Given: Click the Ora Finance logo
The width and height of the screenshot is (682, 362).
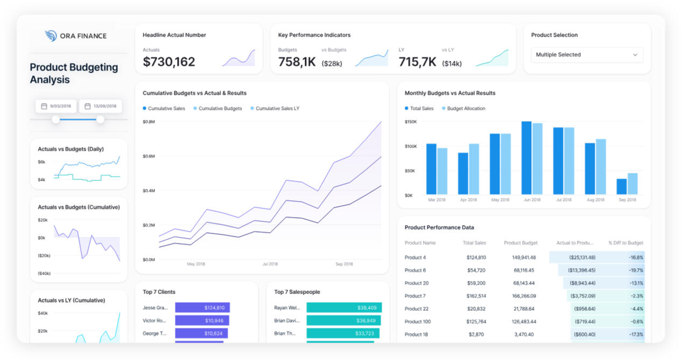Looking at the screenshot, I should coord(76,36).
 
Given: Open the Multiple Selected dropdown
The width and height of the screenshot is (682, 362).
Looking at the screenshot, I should coord(587,55).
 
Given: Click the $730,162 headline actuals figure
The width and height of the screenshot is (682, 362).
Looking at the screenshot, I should coord(169,62).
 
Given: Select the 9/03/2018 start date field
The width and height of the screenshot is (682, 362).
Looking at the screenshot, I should coord(56,106).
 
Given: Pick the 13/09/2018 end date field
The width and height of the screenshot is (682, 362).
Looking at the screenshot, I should coord(100,106).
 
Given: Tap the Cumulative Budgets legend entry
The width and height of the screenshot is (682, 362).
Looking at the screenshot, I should coord(220,109).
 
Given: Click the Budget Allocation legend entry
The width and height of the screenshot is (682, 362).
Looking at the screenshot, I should coord(466,109).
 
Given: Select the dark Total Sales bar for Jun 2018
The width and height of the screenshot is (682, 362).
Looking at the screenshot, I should coord(526,157).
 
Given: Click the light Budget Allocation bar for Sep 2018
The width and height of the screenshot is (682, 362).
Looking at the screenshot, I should coord(632,183).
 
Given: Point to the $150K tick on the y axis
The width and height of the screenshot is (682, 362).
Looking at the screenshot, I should coord(411,122).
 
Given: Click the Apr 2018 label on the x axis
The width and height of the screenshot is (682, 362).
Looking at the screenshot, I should coord(468,200).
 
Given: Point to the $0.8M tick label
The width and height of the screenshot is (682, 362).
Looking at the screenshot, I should coord(149,122).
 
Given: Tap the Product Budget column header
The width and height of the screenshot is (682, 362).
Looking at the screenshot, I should coord(520,243).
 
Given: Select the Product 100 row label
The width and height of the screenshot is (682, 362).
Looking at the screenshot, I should coord(418,322).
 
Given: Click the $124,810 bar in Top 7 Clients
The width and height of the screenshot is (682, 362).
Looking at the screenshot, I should coord(202,308).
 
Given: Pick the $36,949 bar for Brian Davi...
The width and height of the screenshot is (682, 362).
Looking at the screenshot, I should coord(343,321).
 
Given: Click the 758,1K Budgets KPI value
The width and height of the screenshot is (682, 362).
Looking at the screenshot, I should coord(297,62).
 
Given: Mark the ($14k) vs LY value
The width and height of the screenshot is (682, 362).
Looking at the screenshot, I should coord(452,64).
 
